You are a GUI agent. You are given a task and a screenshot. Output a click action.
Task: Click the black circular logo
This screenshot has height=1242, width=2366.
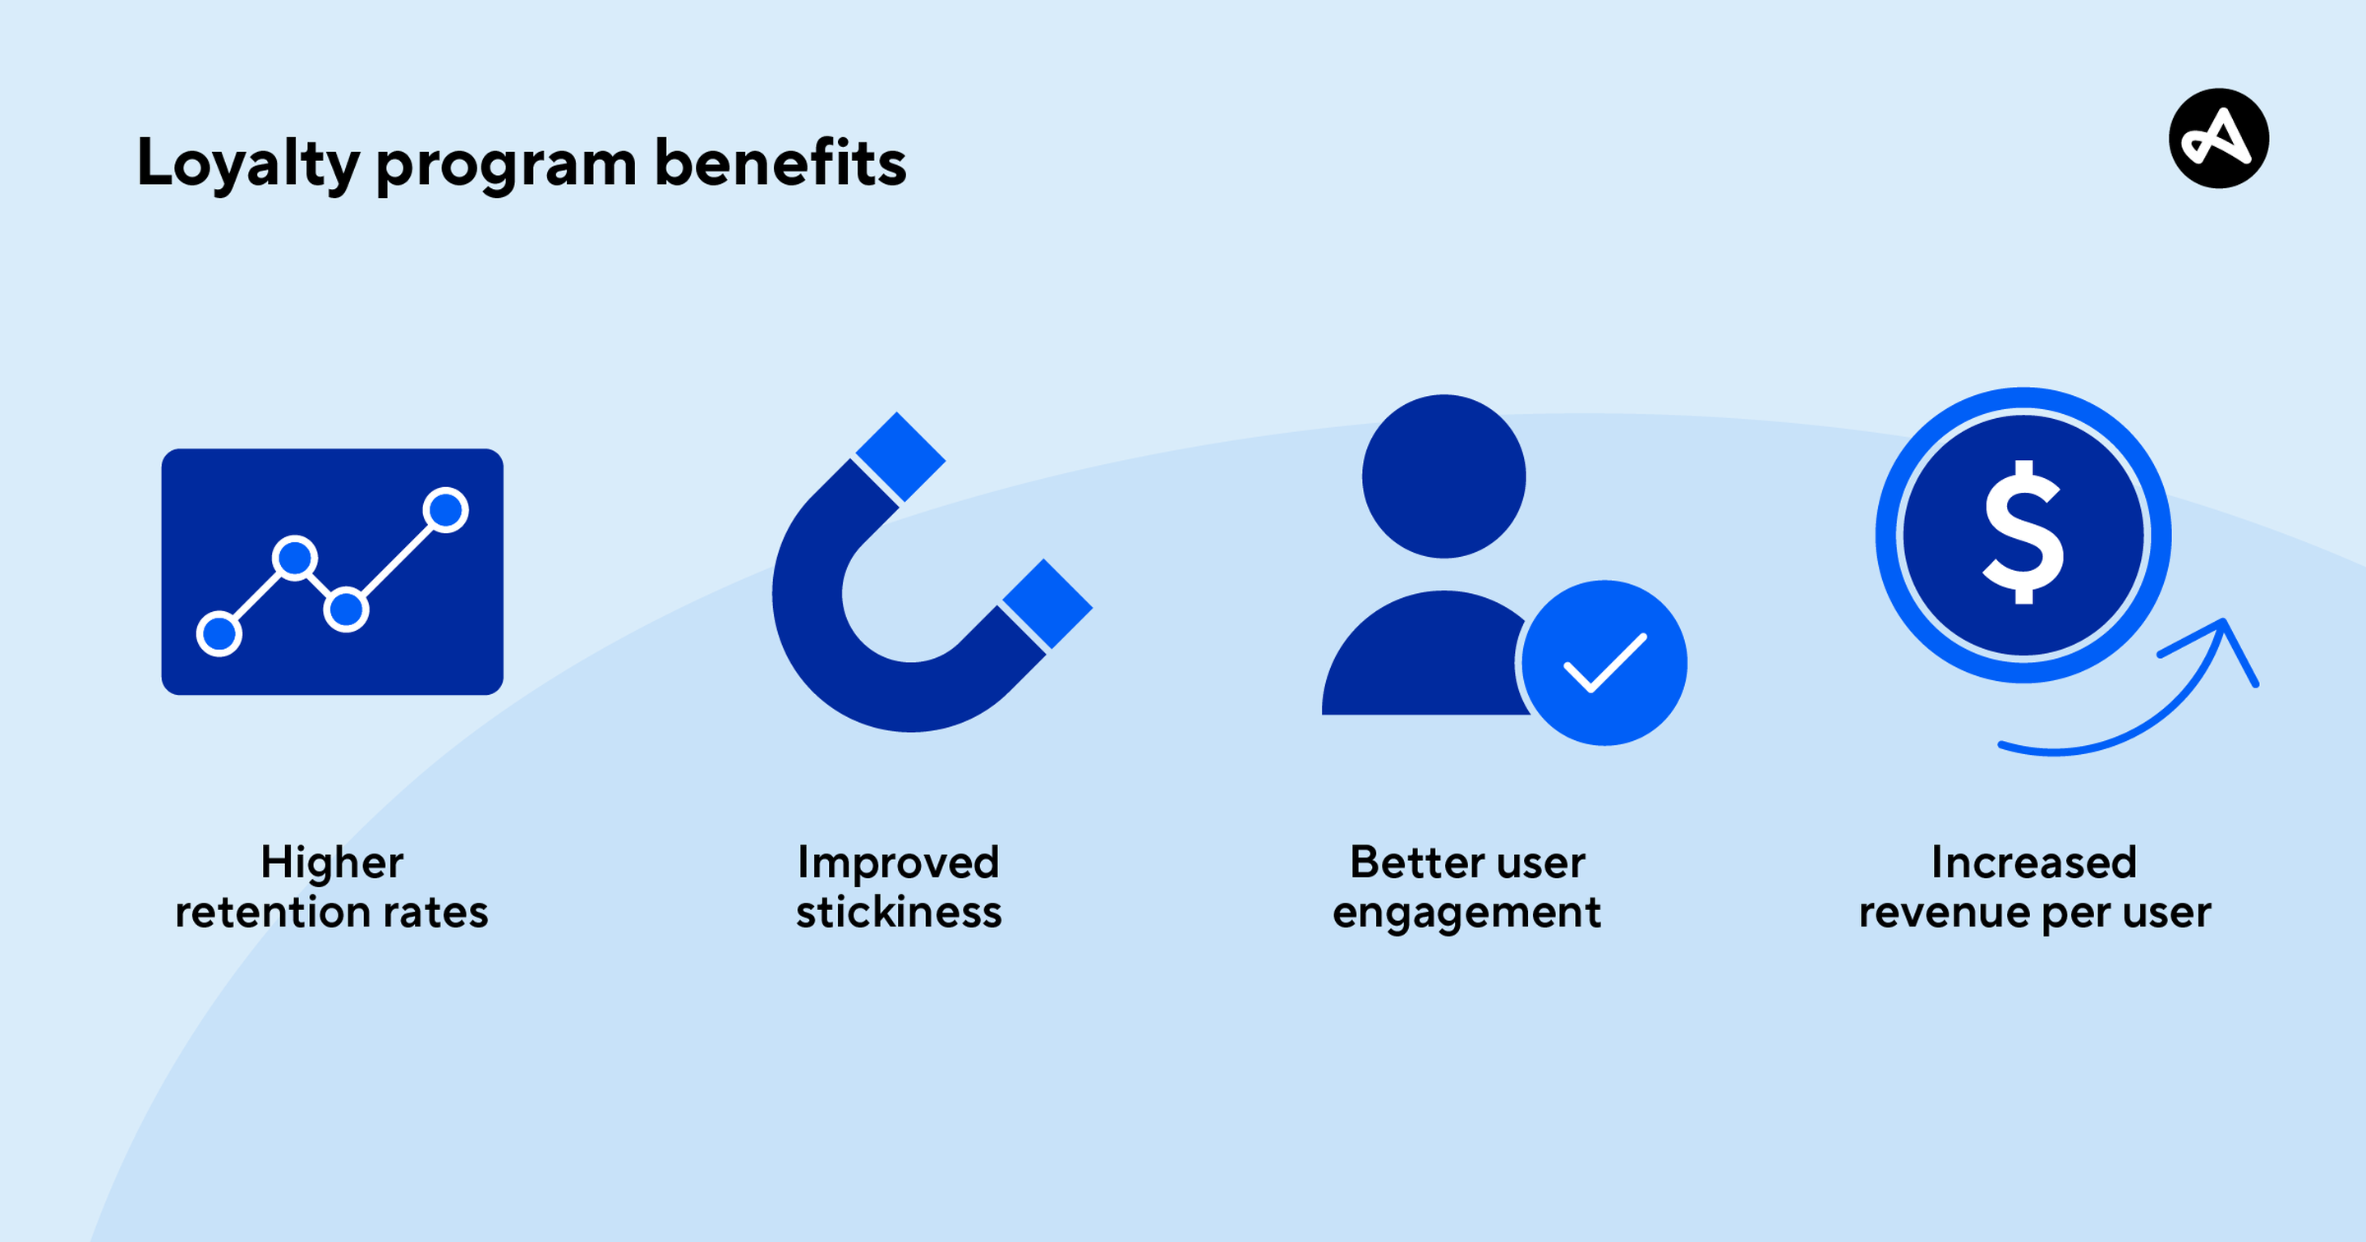(2218, 139)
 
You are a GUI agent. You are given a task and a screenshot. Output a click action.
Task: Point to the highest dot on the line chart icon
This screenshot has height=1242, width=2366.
(446, 510)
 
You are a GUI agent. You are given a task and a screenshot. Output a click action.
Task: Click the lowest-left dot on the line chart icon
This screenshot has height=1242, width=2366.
(219, 633)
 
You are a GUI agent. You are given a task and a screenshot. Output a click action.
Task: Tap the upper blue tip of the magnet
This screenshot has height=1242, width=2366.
(900, 457)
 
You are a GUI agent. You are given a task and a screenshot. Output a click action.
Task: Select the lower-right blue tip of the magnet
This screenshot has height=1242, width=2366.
(1047, 604)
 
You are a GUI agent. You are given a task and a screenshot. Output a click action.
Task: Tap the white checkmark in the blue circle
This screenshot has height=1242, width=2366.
(1604, 662)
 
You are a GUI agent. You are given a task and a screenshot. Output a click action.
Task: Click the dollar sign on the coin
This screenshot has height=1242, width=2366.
(2023, 533)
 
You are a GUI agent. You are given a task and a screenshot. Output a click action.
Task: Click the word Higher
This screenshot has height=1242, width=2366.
(332, 862)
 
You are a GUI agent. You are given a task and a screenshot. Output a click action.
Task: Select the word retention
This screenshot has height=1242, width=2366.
(272, 913)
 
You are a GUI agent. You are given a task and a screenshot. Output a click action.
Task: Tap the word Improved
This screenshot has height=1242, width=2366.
(897, 862)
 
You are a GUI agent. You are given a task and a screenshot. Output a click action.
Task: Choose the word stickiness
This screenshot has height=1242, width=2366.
(898, 913)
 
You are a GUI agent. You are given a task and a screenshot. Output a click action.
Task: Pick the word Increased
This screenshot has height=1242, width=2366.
(2033, 862)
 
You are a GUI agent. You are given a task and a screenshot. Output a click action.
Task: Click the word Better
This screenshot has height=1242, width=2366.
(1409, 862)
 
